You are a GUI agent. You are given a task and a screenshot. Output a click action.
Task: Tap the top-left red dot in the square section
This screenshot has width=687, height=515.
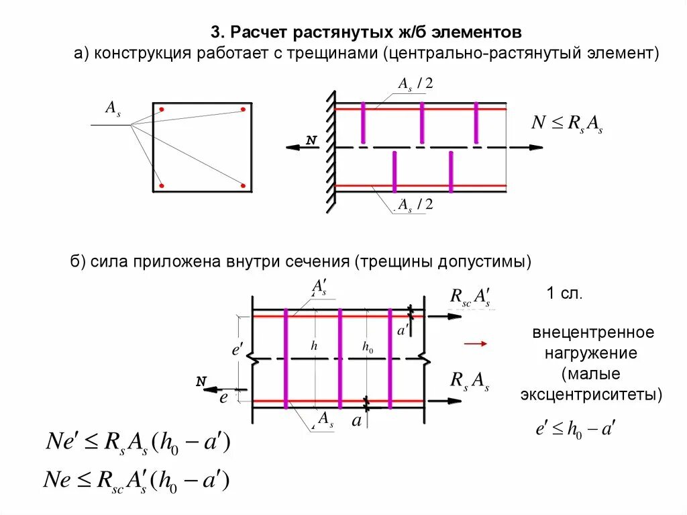[x=162, y=109]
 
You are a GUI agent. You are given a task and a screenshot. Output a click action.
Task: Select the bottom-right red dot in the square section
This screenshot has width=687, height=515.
[x=243, y=186]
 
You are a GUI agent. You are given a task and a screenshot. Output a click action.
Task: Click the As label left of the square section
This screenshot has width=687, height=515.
[x=113, y=107]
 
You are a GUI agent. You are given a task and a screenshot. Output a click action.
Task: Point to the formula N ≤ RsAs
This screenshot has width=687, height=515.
[x=567, y=124]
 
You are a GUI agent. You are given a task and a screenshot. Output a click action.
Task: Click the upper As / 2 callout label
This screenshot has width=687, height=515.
[x=415, y=84]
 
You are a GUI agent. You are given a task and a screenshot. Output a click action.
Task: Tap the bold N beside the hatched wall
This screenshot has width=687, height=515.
[x=311, y=140]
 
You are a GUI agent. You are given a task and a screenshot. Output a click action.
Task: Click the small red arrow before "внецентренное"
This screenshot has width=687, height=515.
[x=475, y=343]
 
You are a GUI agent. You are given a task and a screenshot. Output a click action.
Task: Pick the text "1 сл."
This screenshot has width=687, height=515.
[x=564, y=293]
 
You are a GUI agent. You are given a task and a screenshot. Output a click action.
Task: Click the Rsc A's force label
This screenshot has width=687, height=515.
[x=470, y=297]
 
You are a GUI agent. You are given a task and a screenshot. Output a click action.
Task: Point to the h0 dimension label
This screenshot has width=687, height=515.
[x=368, y=347]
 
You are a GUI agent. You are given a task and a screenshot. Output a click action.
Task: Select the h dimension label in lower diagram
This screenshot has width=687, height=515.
[x=313, y=346]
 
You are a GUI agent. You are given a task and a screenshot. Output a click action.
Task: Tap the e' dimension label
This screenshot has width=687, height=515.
[x=236, y=350]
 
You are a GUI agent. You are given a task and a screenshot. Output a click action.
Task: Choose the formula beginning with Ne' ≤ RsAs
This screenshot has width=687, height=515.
[x=138, y=443]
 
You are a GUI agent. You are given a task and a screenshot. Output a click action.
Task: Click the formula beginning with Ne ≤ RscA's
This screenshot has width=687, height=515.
[x=138, y=480]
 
